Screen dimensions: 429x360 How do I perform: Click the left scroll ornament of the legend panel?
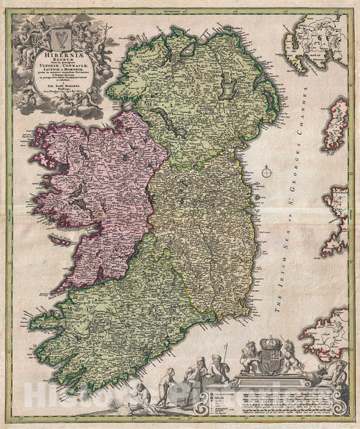[x=209, y=399]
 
